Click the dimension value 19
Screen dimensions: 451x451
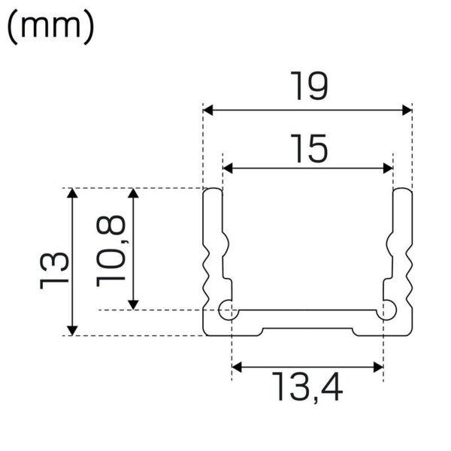click(x=309, y=86)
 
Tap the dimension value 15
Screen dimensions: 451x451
click(x=309, y=148)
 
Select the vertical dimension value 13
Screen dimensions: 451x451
click(x=54, y=271)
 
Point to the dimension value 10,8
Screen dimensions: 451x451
click(x=111, y=251)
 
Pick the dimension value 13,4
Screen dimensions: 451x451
click(x=307, y=387)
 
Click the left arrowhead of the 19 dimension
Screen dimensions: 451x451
click(x=208, y=110)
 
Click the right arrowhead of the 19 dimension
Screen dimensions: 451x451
click(x=407, y=110)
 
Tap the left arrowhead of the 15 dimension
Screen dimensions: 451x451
click(x=228, y=168)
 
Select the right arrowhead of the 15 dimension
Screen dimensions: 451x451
click(x=388, y=168)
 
